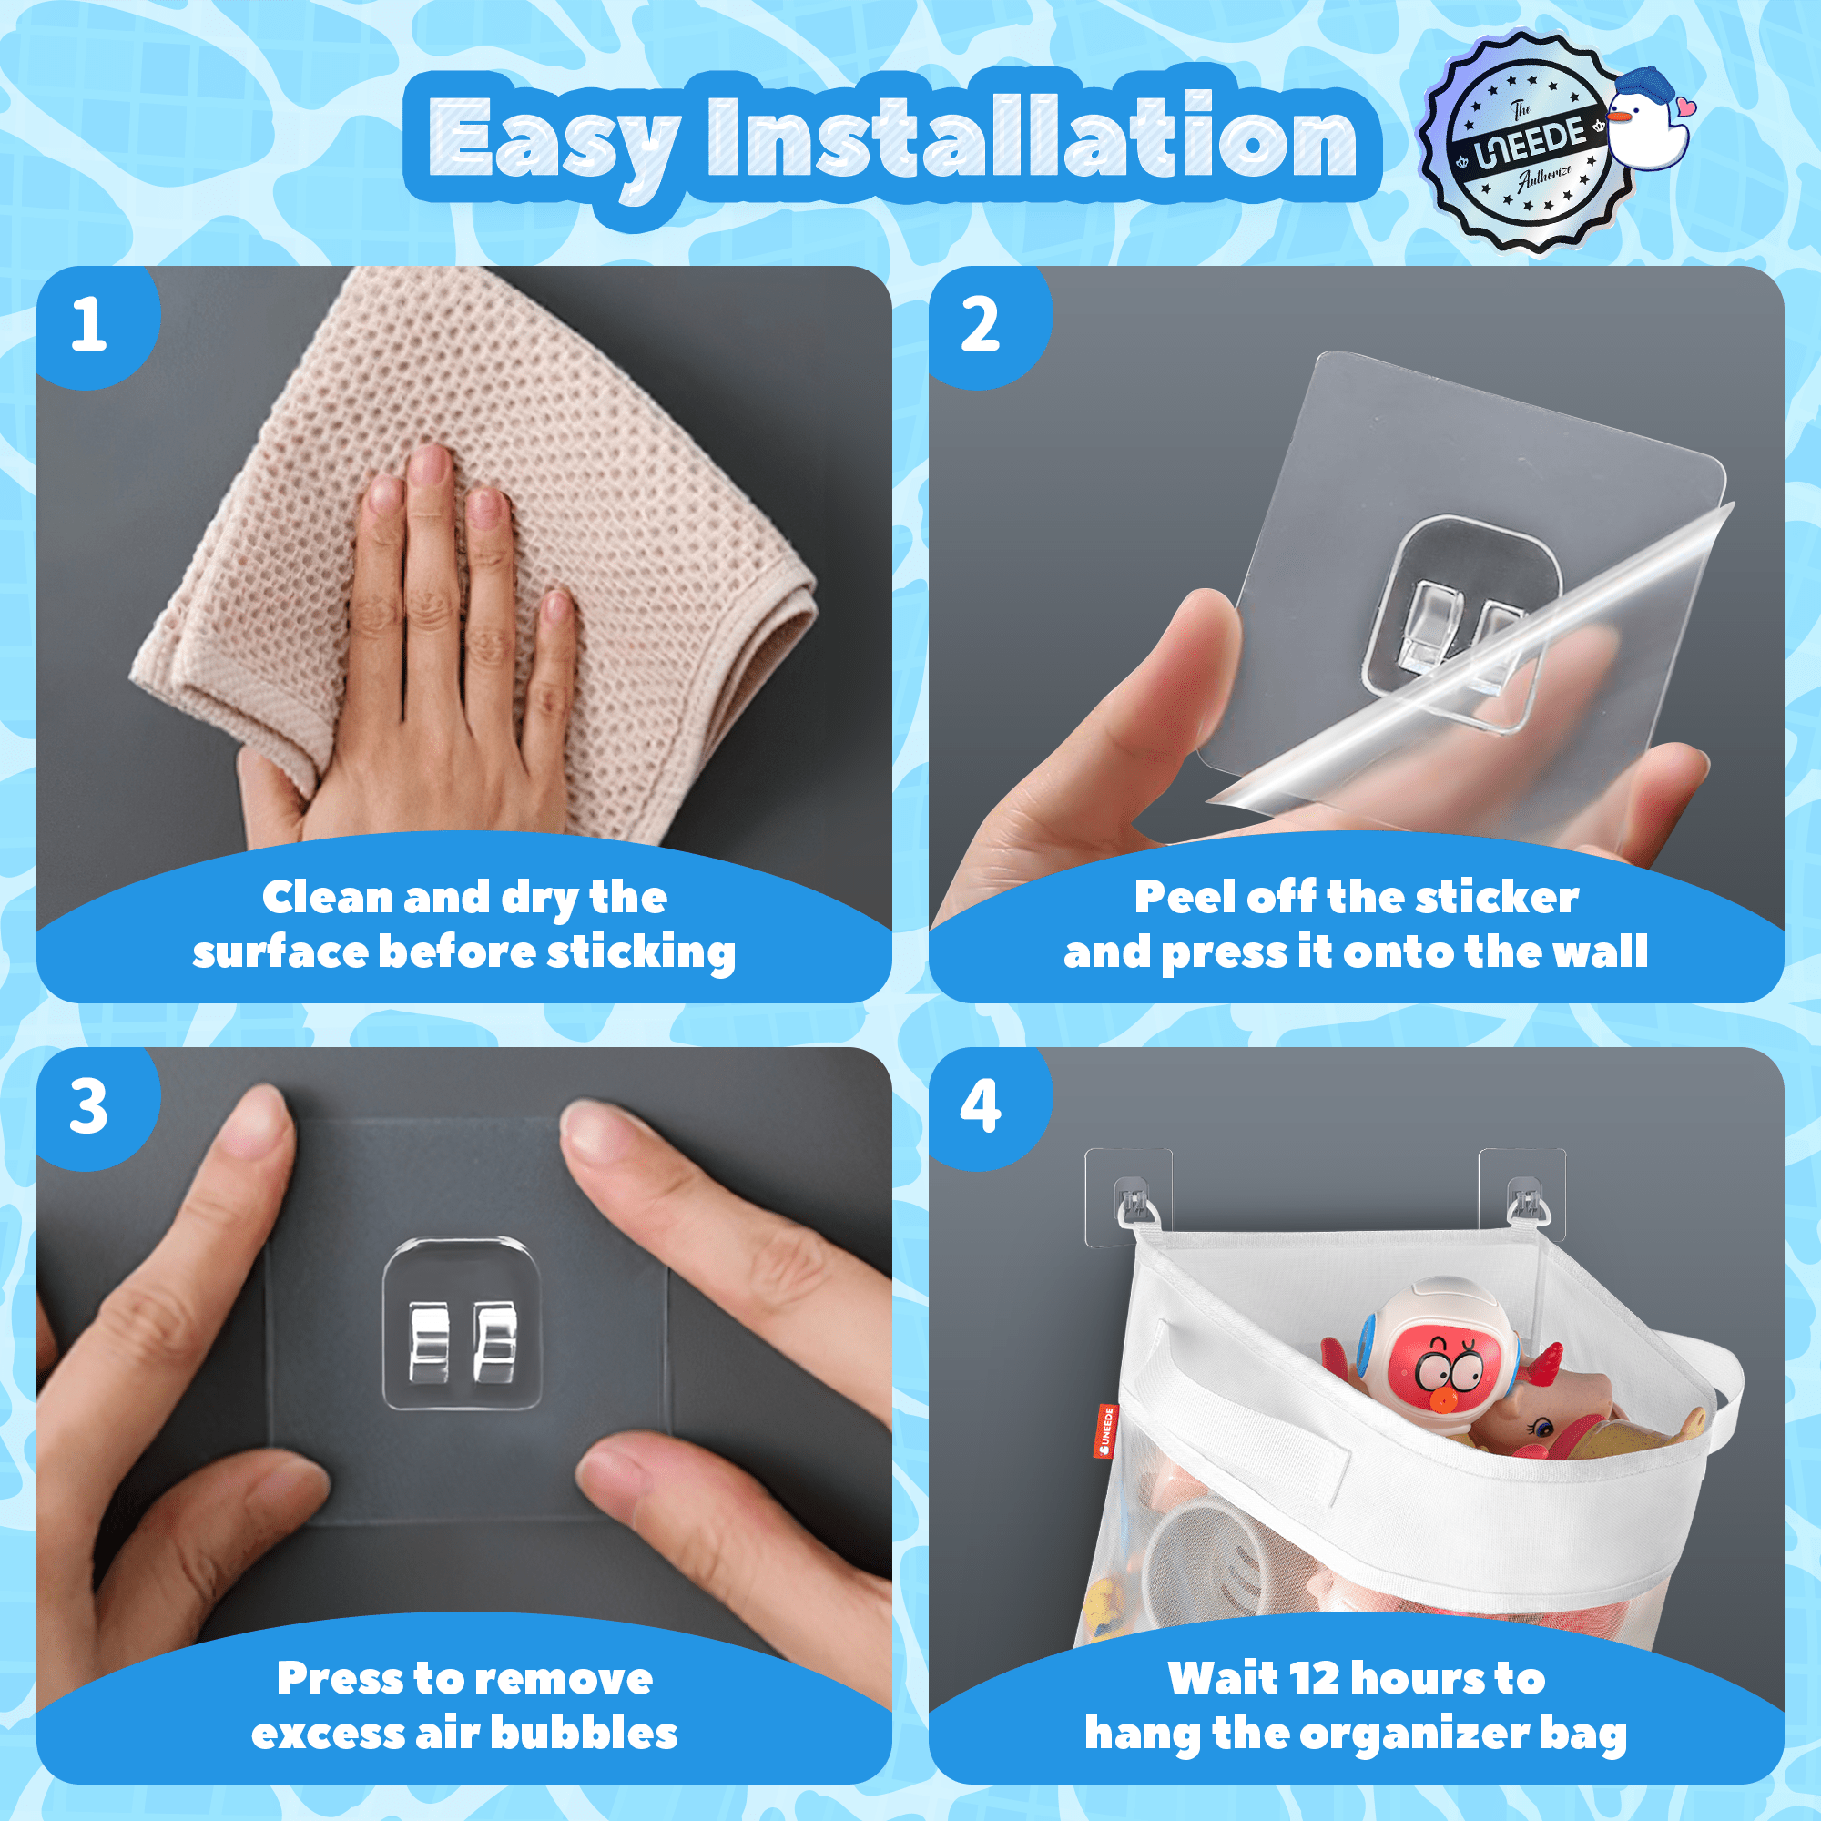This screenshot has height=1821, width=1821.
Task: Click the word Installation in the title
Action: [x=1033, y=136]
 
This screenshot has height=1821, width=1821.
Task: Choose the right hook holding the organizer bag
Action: [x=1523, y=1202]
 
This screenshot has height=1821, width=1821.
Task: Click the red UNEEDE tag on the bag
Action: [x=1106, y=1429]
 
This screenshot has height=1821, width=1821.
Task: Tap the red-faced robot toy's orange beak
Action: [x=1440, y=1400]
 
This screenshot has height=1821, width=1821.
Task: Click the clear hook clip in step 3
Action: [x=462, y=1324]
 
